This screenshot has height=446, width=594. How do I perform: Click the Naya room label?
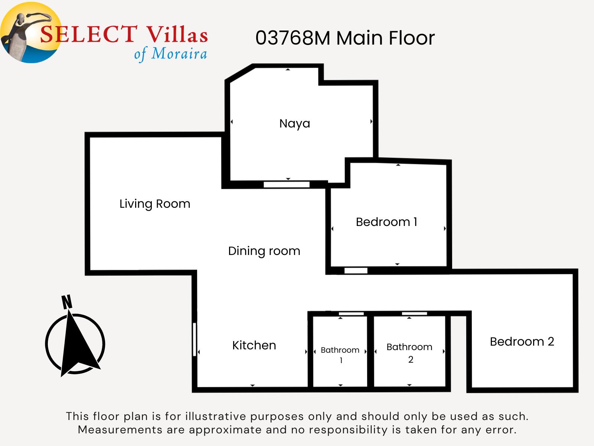(294, 124)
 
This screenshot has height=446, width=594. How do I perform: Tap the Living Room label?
(155, 204)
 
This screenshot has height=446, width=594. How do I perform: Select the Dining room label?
(264, 251)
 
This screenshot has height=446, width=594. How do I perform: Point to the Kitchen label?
(254, 345)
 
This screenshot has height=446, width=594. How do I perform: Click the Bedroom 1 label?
(386, 222)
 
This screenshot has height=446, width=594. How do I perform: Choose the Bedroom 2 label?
(522, 342)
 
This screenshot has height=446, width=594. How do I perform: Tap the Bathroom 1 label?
(340, 355)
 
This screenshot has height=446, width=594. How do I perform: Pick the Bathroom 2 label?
(409, 353)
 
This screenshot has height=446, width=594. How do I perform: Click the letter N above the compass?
(67, 302)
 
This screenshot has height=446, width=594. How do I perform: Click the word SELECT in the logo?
(89, 34)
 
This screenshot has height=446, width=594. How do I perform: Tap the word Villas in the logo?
(177, 34)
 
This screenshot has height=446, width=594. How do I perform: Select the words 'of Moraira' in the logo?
(171, 54)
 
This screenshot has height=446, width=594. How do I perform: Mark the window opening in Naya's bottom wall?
(287, 185)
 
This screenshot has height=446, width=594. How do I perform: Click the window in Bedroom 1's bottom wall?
(356, 271)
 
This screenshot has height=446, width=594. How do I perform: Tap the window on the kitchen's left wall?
(195, 339)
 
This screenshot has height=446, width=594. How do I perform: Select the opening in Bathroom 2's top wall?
(414, 314)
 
